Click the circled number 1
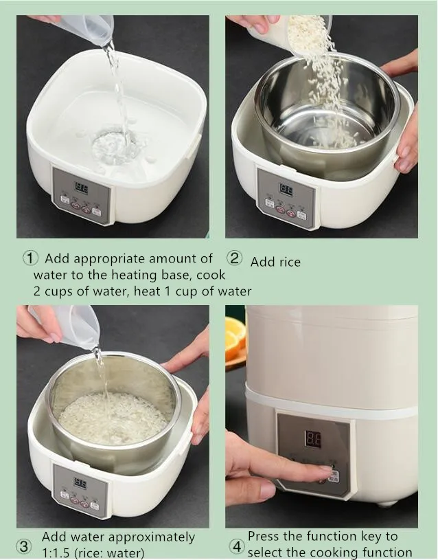tap(30, 258)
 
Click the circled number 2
tap(235, 258)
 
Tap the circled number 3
tap(23, 546)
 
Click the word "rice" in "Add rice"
tap(288, 262)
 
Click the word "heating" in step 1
tap(135, 276)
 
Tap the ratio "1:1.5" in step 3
tap(56, 553)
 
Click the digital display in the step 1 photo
tap(81, 188)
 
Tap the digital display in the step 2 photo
tap(286, 189)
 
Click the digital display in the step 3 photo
tap(80, 483)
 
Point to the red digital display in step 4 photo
tap(312, 439)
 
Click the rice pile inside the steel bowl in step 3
tap(113, 418)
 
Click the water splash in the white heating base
tap(114, 146)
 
